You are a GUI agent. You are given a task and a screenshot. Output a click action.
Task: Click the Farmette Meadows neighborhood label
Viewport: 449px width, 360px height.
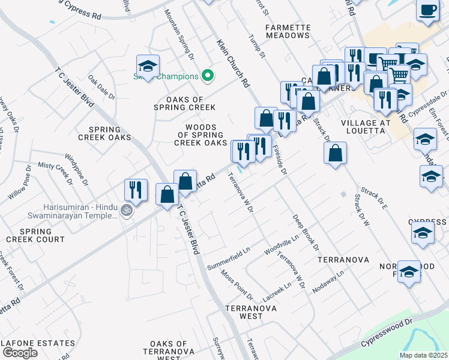[x=290, y=31]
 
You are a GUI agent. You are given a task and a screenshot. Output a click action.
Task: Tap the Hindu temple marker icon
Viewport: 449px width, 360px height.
[x=126, y=211]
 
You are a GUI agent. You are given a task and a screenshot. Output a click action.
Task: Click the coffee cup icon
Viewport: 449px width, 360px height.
[x=427, y=11]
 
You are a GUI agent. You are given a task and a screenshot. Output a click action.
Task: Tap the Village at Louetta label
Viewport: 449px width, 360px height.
[x=366, y=128]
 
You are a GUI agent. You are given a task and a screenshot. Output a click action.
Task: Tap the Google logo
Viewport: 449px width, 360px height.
[x=19, y=353]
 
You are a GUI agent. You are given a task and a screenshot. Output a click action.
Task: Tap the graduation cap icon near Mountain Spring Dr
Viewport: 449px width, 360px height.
[x=147, y=66]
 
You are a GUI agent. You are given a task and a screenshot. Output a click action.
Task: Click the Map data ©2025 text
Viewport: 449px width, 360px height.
[x=423, y=355]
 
